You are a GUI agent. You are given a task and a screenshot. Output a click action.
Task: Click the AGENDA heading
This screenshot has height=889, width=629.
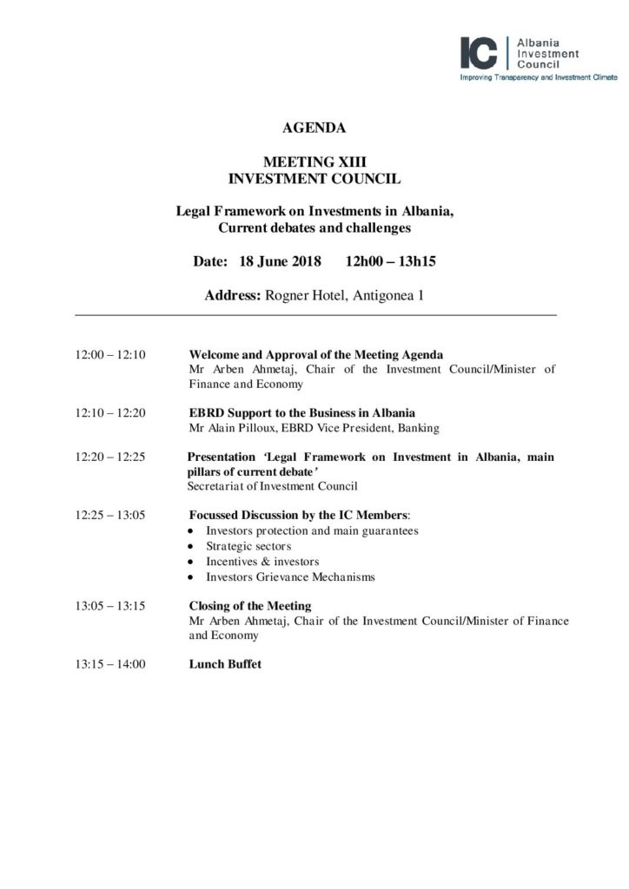click(x=314, y=128)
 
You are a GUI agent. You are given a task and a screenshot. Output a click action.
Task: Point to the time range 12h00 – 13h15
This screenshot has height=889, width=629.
click(x=390, y=261)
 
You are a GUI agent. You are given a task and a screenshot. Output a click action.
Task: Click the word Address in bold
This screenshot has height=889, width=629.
click(x=232, y=295)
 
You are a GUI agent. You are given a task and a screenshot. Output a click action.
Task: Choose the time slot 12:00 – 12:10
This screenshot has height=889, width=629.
click(x=110, y=355)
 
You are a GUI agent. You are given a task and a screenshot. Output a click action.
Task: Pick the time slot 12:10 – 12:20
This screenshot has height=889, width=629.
click(x=110, y=412)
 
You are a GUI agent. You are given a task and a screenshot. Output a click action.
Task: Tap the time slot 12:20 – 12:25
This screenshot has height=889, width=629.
click(x=110, y=458)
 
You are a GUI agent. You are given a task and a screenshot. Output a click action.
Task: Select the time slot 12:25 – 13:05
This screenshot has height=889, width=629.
click(x=110, y=515)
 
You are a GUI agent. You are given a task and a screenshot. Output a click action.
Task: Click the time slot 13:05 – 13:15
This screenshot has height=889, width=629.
click(x=110, y=606)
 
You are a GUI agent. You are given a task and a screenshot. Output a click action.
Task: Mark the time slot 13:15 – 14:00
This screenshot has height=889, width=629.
click(x=110, y=664)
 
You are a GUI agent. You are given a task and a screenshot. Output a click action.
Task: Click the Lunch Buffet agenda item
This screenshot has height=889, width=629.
click(x=225, y=664)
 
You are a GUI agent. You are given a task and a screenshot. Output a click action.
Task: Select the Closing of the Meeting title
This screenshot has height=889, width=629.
click(x=250, y=606)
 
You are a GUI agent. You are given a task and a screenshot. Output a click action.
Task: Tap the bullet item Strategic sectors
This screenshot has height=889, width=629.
click(x=248, y=546)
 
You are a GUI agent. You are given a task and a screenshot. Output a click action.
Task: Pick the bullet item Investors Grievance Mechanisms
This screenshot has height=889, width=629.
click(x=290, y=577)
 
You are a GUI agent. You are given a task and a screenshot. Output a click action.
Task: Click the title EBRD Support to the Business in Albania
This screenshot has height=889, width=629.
click(x=301, y=412)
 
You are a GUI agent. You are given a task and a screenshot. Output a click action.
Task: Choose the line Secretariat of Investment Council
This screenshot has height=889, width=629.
click(x=272, y=486)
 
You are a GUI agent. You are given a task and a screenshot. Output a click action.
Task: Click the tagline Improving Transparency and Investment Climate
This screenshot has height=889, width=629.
click(x=539, y=77)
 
